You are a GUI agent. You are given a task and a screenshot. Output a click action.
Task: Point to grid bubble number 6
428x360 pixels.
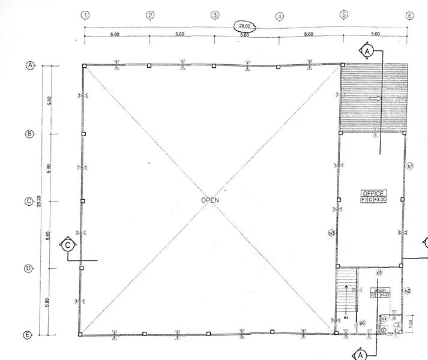pos(409,16)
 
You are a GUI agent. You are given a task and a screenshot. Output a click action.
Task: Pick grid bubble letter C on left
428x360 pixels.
pos(28,202)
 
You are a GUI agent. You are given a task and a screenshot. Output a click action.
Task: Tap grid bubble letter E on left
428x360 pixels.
pos(28,335)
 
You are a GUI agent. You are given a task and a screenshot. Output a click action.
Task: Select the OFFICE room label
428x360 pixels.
pos(373,193)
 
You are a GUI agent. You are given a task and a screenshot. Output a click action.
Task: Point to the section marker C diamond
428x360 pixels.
pos(68,245)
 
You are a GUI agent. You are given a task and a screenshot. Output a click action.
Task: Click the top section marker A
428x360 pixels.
pos(368,52)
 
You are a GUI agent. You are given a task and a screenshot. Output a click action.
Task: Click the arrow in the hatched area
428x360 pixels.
pos(379,100)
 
